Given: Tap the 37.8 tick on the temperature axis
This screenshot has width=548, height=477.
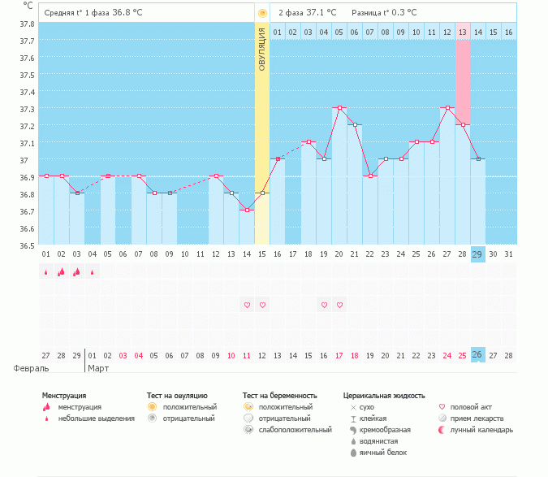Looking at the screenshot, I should pos(26,24).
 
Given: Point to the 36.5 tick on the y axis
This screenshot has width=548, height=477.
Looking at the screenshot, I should pos(26,245).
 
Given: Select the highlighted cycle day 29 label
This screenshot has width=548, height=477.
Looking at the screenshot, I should pos(477,254).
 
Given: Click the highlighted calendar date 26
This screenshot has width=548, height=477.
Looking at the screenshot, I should pos(477,355).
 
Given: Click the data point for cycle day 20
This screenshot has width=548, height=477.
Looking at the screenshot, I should pos(339,107).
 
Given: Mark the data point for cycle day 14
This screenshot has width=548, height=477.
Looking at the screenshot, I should pos(247,210).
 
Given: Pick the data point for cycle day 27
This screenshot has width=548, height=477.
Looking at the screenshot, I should pos(447,107).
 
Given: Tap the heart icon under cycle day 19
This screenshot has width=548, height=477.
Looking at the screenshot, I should pos(324,305).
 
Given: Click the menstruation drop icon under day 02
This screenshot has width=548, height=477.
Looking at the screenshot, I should pos(61,272).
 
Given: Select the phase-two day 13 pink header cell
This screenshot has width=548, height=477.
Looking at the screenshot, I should pos(462,32).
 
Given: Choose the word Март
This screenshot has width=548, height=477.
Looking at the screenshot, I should pos(99,367).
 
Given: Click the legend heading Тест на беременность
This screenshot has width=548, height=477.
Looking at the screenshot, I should pos(279,396).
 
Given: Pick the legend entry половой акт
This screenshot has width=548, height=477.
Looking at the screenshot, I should pos(472,406).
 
